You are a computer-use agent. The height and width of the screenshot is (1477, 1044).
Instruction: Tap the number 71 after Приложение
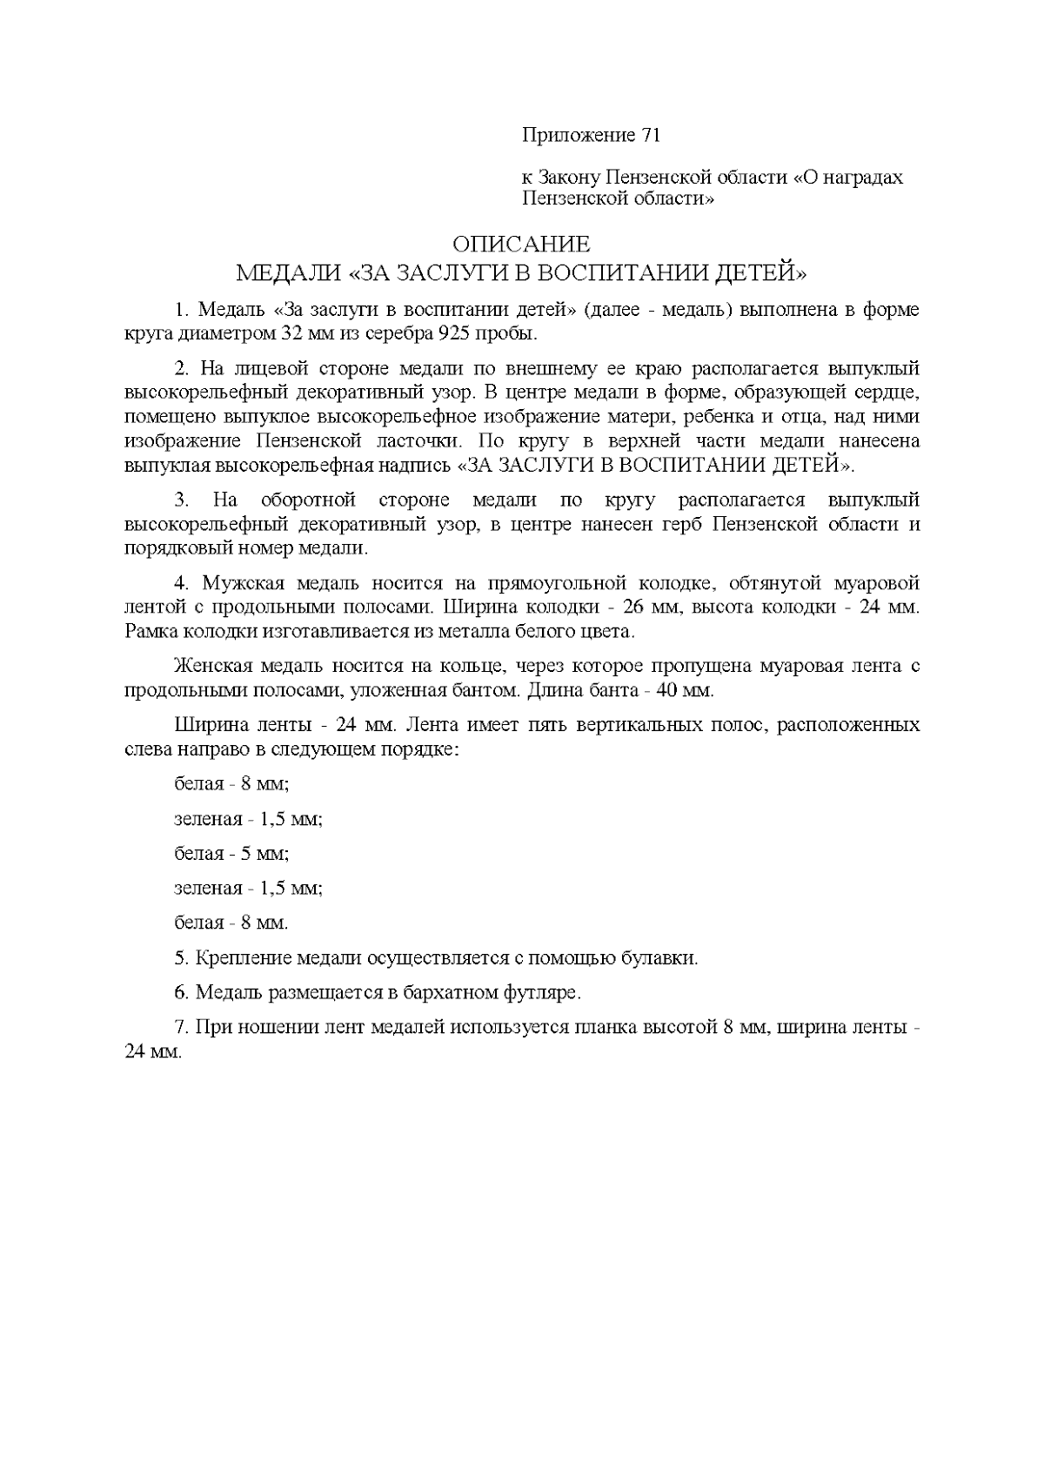(651, 136)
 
